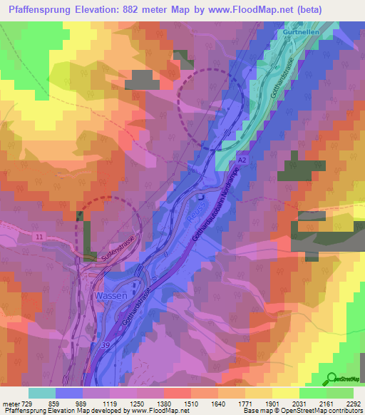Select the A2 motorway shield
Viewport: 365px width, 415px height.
(x=242, y=162)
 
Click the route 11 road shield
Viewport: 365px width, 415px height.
(x=38, y=235)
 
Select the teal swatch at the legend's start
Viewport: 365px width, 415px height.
(x=41, y=393)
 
